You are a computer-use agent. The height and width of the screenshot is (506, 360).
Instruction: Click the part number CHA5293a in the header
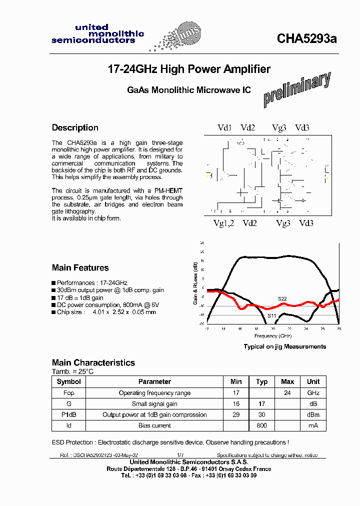pyautogui.click(x=307, y=39)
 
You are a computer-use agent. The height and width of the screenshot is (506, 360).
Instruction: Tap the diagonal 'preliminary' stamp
pyautogui.click(x=297, y=89)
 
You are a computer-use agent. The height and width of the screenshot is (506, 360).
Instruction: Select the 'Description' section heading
pyautogui.click(x=75, y=127)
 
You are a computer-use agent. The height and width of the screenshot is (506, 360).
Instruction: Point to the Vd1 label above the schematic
pyautogui.click(x=224, y=128)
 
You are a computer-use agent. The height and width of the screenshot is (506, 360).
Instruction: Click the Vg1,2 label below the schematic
pyautogui.click(x=223, y=223)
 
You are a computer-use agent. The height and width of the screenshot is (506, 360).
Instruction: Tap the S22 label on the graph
pyautogui.click(x=282, y=298)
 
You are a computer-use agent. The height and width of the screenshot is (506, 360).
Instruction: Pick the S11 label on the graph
pyautogui.click(x=271, y=315)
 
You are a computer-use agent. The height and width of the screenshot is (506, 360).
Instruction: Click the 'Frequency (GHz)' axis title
pyautogui.click(x=273, y=335)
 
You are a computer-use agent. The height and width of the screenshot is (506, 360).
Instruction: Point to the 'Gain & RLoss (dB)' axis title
pyautogui.click(x=195, y=284)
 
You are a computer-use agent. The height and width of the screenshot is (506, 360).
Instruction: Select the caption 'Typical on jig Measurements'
pyautogui.click(x=284, y=346)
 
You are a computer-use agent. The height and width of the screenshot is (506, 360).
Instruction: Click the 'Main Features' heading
pyautogui.click(x=80, y=267)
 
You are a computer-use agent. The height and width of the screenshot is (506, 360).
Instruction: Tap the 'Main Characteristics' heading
pyautogui.click(x=93, y=362)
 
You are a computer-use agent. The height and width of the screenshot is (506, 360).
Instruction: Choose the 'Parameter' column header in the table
pyautogui.click(x=154, y=381)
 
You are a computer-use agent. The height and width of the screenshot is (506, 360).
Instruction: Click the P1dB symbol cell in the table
pyautogui.click(x=69, y=414)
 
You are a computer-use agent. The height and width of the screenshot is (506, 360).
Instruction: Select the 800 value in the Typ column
pyautogui.click(x=261, y=425)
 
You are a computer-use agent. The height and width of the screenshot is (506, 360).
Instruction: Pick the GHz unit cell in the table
pyautogui.click(x=313, y=393)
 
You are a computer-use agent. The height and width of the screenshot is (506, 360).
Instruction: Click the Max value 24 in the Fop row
pyautogui.click(x=287, y=393)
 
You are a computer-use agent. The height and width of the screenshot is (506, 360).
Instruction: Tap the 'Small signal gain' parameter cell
pyautogui.click(x=154, y=404)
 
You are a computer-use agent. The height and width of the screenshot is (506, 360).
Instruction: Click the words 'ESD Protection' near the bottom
pyautogui.click(x=73, y=442)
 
